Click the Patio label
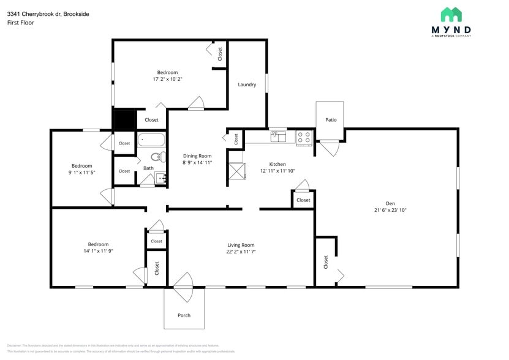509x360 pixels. pos(331,120)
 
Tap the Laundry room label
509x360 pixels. pos(247,84)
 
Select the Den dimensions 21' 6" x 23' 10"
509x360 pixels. pos(390,210)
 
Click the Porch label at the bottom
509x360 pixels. pos(184,315)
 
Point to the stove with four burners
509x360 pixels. pos(304,137)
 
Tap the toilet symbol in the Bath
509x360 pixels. pos(157,157)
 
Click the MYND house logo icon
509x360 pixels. pos(451,15)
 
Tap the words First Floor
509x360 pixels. pos(21,23)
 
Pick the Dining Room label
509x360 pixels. pos(197,156)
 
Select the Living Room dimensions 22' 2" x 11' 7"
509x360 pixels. pos(241,252)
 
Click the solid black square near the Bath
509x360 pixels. pos(124,119)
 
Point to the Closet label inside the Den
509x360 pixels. pos(326,262)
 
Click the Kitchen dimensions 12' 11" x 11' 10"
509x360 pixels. pos(277,171)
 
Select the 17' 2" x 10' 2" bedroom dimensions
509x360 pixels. pos(167,79)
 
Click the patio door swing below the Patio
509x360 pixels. pos(330,147)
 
